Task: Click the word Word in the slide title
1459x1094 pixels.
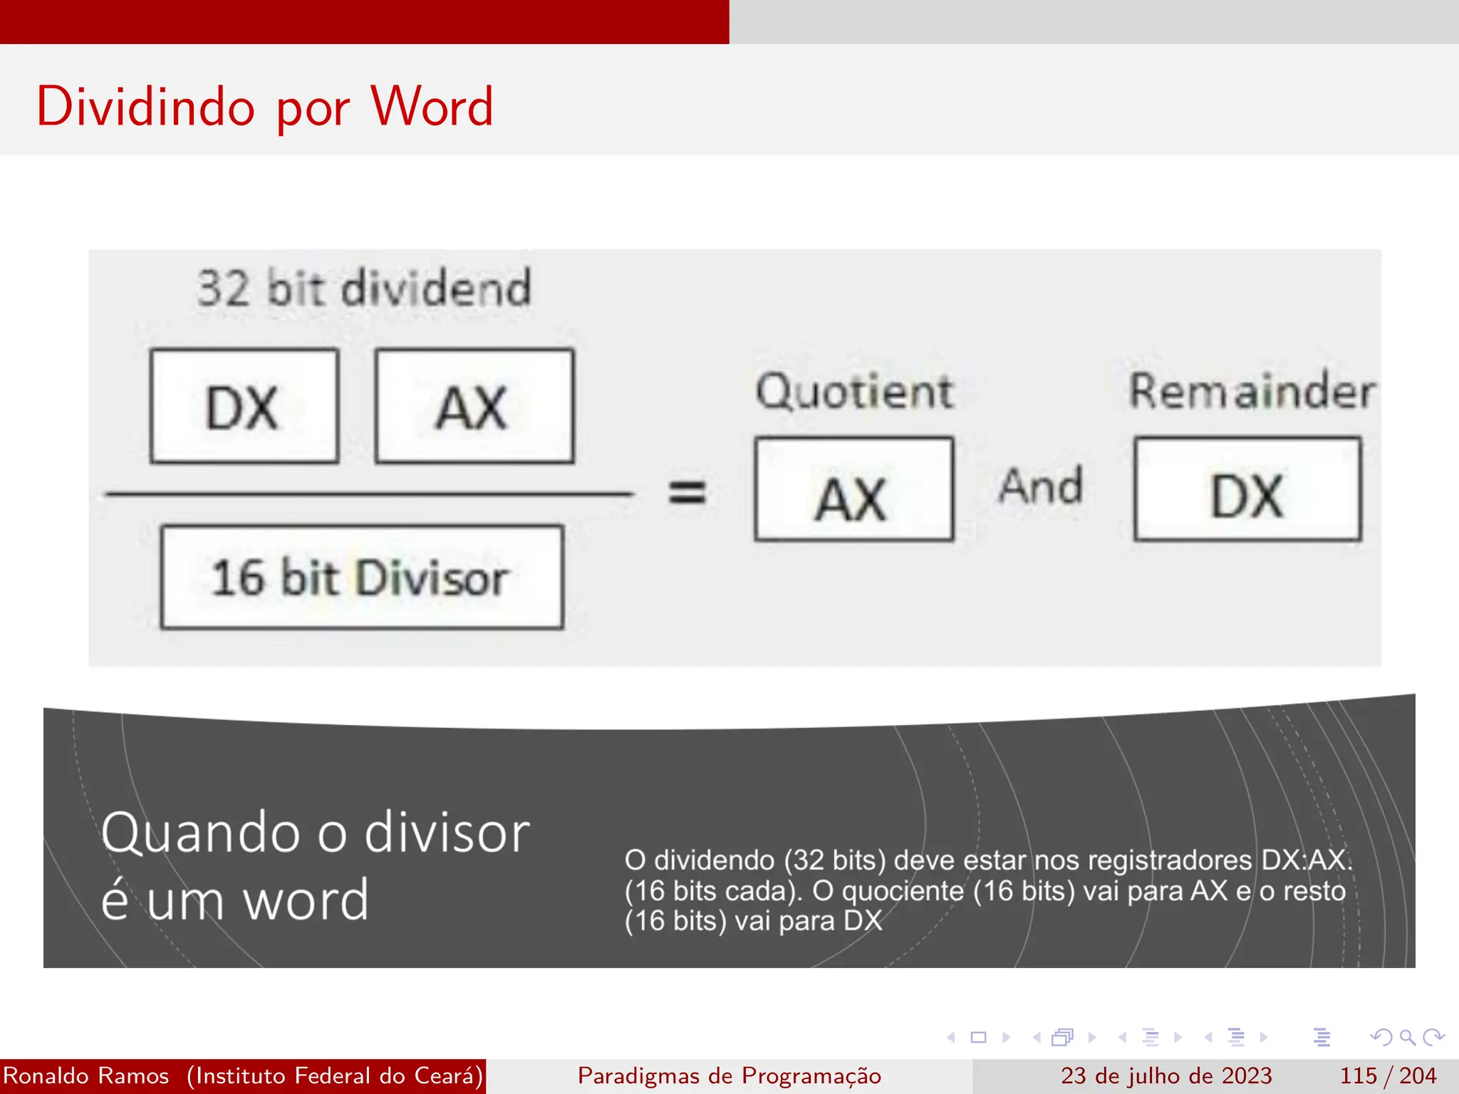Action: [432, 107]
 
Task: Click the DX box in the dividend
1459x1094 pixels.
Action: [244, 406]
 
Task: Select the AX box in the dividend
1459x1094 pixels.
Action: [474, 406]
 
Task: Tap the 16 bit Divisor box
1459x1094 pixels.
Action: [362, 577]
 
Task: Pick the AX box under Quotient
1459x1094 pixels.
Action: [853, 489]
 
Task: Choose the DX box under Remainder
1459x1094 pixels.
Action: [1247, 489]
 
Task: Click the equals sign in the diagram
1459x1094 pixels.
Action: [687, 492]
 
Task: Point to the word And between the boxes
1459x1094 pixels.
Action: [1041, 487]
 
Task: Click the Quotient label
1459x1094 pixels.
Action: [853, 391]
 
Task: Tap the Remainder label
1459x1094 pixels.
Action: [1252, 391]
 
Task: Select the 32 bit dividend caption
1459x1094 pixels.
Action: [364, 288]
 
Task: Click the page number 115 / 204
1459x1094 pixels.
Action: [1388, 1075]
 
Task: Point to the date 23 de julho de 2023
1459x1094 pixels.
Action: [1166, 1075]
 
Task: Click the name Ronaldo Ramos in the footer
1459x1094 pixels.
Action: [86, 1075]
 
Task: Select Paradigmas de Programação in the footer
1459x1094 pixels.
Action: [729, 1075]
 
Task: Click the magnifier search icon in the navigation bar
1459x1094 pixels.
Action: [1407, 1037]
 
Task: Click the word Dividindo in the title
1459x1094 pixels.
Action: [145, 107]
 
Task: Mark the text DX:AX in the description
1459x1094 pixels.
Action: [1305, 860]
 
